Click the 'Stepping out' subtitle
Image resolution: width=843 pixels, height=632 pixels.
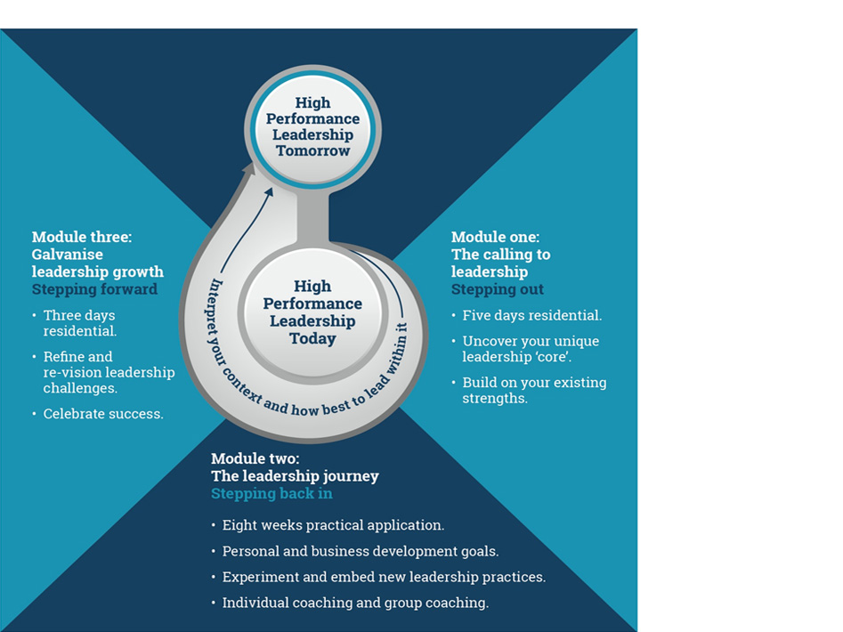[x=497, y=289]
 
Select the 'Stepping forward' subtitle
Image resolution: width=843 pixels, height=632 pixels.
[x=94, y=289]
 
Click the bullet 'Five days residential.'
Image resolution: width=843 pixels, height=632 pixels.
[x=531, y=315]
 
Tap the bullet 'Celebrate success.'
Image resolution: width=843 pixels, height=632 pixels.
[x=103, y=414]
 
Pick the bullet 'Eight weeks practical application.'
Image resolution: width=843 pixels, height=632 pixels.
[x=333, y=525]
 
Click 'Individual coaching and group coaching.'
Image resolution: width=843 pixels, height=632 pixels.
[x=355, y=603]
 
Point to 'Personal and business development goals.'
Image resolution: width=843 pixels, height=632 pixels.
[x=360, y=551]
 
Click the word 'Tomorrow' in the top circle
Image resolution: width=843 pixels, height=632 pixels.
[x=312, y=151]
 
